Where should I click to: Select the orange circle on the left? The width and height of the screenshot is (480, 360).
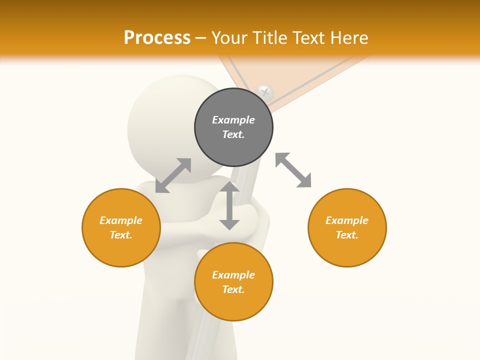click(x=121, y=227)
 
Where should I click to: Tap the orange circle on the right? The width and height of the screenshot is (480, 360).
click(x=347, y=227)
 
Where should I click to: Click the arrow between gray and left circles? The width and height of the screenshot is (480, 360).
click(x=173, y=175)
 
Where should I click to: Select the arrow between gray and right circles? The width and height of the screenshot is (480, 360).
click(x=293, y=170)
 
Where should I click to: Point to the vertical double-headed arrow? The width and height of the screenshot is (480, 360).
click(x=229, y=205)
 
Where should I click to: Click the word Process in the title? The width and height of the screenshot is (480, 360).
click(x=157, y=38)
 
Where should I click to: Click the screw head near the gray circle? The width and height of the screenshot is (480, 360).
click(x=265, y=92)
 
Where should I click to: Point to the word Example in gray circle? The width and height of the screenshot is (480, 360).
click(x=233, y=120)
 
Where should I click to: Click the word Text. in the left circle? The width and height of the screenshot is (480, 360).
click(x=121, y=235)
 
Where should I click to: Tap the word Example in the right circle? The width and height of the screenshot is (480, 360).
click(x=347, y=220)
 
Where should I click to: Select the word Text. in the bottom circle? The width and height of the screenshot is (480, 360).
click(x=233, y=289)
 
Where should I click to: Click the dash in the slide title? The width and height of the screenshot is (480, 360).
click(x=201, y=38)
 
